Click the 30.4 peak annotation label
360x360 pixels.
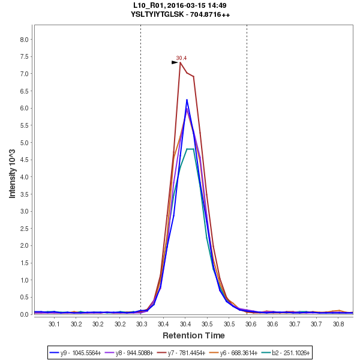pos(181,58)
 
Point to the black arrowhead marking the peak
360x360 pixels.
pos(175,62)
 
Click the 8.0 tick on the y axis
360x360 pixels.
pos(25,40)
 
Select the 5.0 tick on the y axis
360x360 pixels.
pos(25,143)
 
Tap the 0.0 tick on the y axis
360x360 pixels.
pos(25,314)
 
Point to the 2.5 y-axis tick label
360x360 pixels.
pos(25,229)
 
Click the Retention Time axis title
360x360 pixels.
pos(193,335)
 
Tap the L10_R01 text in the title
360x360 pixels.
pos(148,5)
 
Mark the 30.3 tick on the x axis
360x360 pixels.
pos(142,324)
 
